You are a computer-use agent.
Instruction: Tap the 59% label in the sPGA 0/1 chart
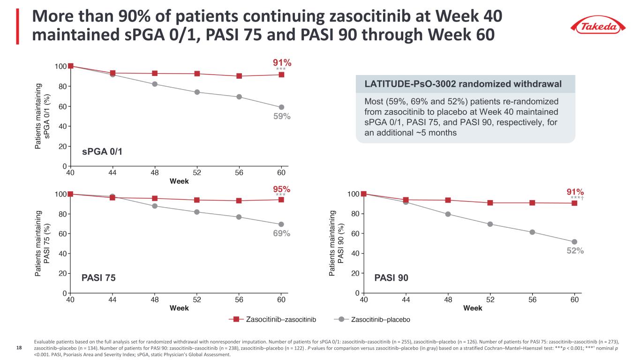pyautogui.click(x=282, y=117)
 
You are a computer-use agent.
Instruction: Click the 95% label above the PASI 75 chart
pyautogui.click(x=282, y=189)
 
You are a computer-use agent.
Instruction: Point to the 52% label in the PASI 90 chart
pyautogui.click(x=575, y=251)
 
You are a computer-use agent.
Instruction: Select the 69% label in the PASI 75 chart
pyautogui.click(x=282, y=233)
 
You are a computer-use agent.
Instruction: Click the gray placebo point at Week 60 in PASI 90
pyautogui.click(x=574, y=242)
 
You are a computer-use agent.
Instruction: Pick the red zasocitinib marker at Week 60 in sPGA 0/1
pyautogui.click(x=281, y=75)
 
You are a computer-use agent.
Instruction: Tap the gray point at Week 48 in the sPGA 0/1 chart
pyautogui.click(x=155, y=84)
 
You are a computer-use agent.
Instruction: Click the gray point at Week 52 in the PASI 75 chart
pyautogui.click(x=197, y=212)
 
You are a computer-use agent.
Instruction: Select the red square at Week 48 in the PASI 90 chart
pyautogui.click(x=448, y=200)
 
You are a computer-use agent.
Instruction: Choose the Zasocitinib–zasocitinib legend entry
pyautogui.click(x=272, y=320)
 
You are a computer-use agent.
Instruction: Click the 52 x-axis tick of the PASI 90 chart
pyautogui.click(x=490, y=299)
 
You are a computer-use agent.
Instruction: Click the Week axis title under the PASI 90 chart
pyautogui.click(x=473, y=308)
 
